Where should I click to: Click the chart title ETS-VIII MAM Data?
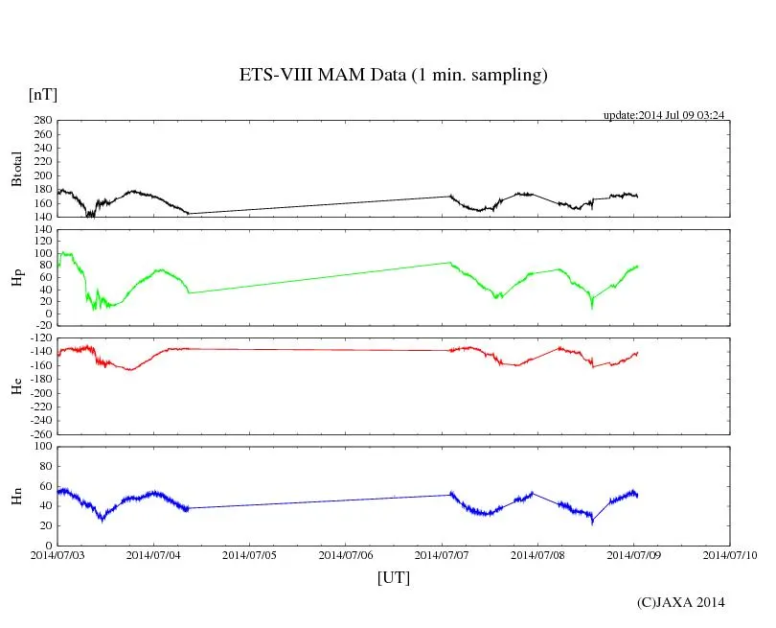click(x=393, y=76)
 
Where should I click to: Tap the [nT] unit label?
click(x=42, y=95)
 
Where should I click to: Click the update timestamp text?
click(x=663, y=115)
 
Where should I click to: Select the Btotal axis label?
click(x=16, y=168)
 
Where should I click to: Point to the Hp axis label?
click(x=16, y=278)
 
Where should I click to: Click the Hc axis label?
click(x=16, y=385)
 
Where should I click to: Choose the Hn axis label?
click(x=16, y=496)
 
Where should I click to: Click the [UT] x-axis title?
click(x=393, y=577)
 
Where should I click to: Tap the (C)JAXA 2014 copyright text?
click(x=680, y=602)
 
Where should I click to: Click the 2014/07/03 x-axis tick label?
click(x=57, y=554)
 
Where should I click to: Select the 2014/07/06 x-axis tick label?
click(x=346, y=554)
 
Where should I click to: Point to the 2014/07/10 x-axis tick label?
click(x=730, y=554)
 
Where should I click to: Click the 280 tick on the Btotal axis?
click(x=41, y=121)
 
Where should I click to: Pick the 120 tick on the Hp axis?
click(x=41, y=229)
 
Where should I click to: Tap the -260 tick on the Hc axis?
click(x=39, y=434)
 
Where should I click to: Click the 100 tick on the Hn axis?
click(x=41, y=447)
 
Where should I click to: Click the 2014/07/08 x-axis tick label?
click(x=537, y=554)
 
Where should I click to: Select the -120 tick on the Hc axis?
click(x=39, y=338)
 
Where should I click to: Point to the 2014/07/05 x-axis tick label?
click(x=249, y=554)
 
